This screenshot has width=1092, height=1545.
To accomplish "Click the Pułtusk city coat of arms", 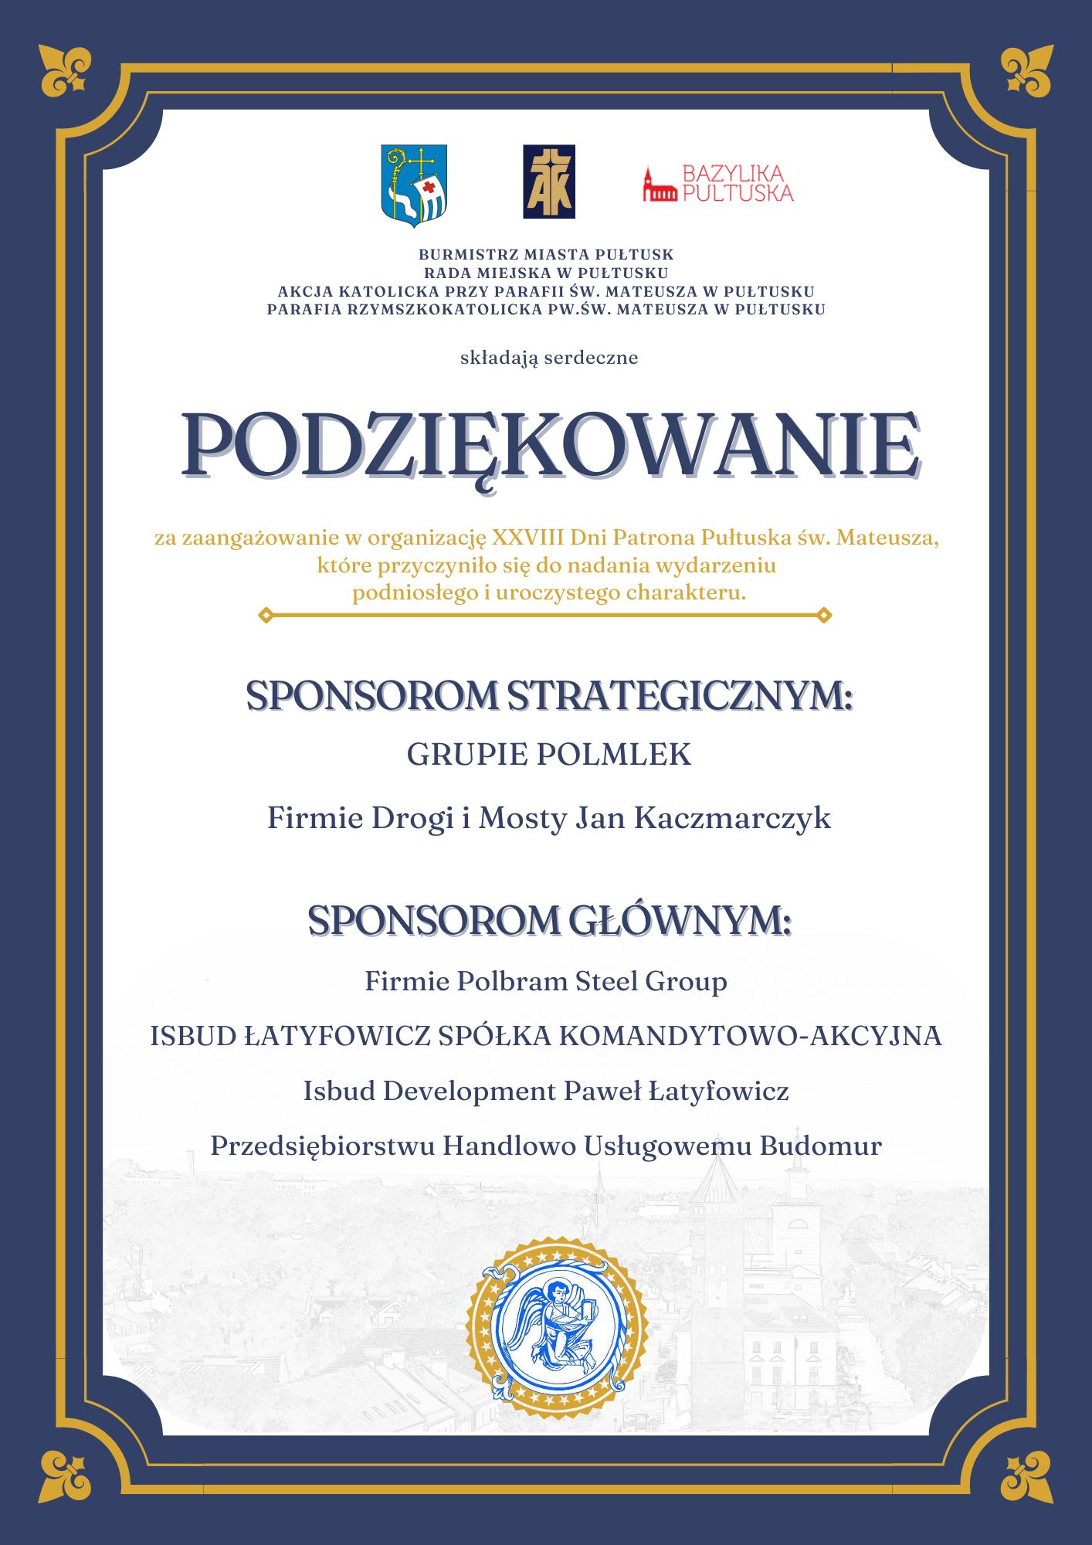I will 415,185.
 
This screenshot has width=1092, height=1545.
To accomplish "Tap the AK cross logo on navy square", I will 548,182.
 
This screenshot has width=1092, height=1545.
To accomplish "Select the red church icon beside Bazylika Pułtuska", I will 659,185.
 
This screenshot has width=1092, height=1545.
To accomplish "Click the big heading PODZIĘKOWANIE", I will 550,447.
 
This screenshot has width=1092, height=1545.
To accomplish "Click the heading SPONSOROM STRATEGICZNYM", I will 548,696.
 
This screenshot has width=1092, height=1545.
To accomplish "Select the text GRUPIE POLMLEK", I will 548,755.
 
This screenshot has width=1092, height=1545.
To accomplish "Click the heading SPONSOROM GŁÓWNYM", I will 548,920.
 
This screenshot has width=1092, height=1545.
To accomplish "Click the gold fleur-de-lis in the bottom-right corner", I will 1026,1475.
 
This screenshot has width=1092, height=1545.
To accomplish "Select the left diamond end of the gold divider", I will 266,615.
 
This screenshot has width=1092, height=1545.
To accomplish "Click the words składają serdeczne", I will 548,358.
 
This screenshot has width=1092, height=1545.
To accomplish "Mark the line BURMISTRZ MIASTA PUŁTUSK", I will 546,254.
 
